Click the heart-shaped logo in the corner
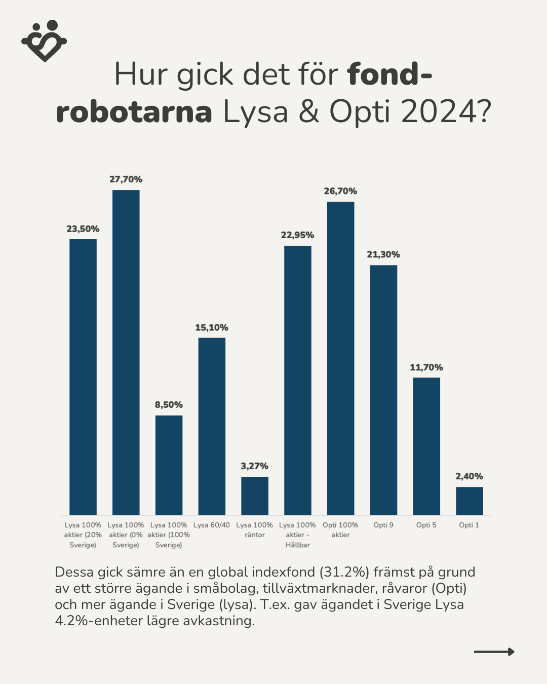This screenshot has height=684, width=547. (44, 41)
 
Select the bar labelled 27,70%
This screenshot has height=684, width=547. (126, 352)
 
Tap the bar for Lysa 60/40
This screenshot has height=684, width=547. (212, 426)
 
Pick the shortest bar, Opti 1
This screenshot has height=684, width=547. (469, 501)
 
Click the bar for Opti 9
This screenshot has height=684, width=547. (383, 390)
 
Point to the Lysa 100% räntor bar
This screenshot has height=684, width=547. (255, 496)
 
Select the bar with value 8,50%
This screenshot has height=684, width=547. (169, 465)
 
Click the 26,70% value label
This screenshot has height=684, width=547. (340, 191)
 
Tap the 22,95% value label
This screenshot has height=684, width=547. (297, 235)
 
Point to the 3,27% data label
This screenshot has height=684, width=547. (255, 466)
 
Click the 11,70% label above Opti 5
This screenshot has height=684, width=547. (426, 367)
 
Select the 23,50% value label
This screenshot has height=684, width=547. (83, 229)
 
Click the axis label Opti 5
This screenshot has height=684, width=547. (426, 525)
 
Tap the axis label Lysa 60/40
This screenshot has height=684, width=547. (212, 525)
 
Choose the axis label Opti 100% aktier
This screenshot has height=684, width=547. (340, 529)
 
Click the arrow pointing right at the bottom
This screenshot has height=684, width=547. (494, 652)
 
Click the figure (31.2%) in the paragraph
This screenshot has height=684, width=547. (344, 572)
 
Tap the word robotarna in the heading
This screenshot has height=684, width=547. (134, 111)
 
